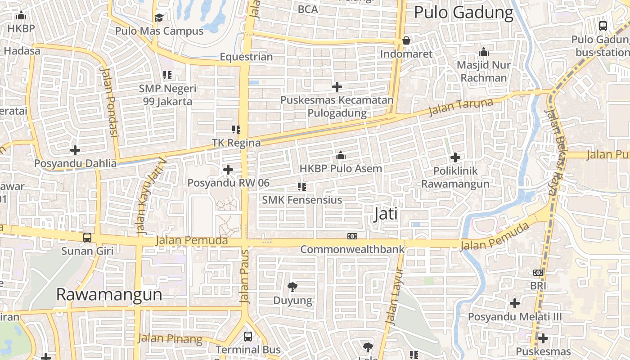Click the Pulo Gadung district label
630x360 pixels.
[x=463, y=13]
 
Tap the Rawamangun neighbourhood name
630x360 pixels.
[x=109, y=294]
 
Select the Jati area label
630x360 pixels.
[x=386, y=214]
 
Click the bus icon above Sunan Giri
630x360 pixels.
[x=87, y=237]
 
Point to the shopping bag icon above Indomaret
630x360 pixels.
[x=406, y=41]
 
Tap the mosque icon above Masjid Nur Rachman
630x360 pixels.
[x=484, y=52]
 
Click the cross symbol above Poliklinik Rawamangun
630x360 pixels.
[x=455, y=157]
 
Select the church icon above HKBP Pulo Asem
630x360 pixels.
[x=341, y=156]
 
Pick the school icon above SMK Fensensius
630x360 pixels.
[x=302, y=186]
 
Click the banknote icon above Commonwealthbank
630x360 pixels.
[x=352, y=236]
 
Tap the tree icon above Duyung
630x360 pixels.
[x=292, y=287]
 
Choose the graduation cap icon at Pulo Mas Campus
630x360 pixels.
[x=159, y=18]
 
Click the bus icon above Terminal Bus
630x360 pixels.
[x=248, y=336]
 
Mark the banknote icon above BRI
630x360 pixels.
[x=538, y=273]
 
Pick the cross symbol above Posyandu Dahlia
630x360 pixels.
[x=75, y=150]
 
